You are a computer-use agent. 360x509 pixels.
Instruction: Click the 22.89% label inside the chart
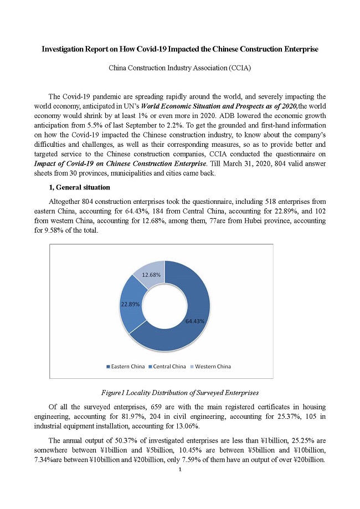pos(130,304)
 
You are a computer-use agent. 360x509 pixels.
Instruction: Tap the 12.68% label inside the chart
pos(151,275)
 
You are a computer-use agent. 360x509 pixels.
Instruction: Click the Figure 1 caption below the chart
pos(179,393)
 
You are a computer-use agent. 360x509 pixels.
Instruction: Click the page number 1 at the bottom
pos(180,469)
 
